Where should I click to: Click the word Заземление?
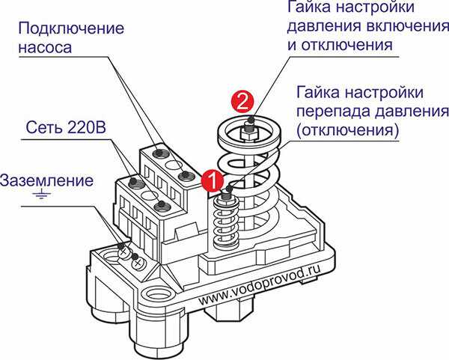(46, 181)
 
